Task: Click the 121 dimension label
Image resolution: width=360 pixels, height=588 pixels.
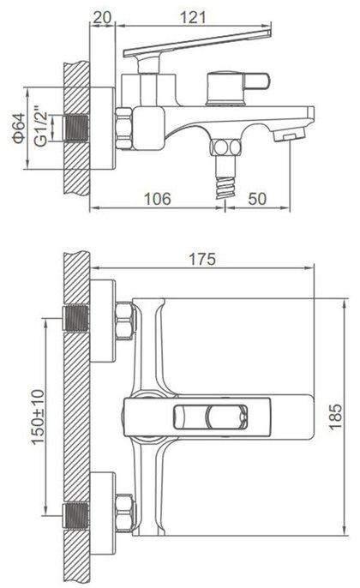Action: click(x=193, y=18)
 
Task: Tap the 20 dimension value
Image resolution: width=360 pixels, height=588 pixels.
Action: click(x=102, y=18)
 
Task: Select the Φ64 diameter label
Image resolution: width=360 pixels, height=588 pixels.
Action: click(x=19, y=128)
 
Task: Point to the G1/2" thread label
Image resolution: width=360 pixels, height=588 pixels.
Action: click(x=40, y=128)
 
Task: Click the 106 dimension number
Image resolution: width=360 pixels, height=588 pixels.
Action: click(x=158, y=199)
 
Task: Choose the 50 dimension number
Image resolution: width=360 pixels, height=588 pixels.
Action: click(x=257, y=199)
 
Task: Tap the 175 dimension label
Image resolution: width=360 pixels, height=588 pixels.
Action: click(x=202, y=259)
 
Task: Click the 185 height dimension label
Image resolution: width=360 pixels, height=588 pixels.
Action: click(x=336, y=417)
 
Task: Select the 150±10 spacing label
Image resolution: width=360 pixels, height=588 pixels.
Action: click(x=38, y=417)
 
